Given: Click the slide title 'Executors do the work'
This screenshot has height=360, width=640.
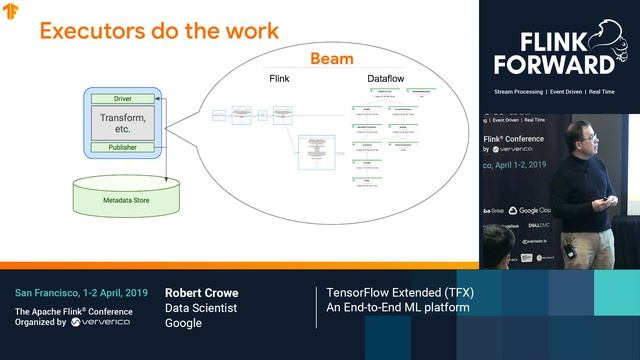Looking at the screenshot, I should tap(158, 31).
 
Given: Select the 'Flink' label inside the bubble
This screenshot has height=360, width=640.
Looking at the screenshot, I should tap(279, 77).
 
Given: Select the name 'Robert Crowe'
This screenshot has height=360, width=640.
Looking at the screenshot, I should tap(201, 293).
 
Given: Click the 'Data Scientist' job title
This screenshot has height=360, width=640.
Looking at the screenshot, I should tap(200, 308).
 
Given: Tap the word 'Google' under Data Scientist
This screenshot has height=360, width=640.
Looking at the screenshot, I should tap(183, 323).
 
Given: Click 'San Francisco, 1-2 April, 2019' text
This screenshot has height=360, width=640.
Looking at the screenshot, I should tap(81, 293).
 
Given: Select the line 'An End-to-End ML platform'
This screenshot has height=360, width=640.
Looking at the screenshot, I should tap(397, 308).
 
